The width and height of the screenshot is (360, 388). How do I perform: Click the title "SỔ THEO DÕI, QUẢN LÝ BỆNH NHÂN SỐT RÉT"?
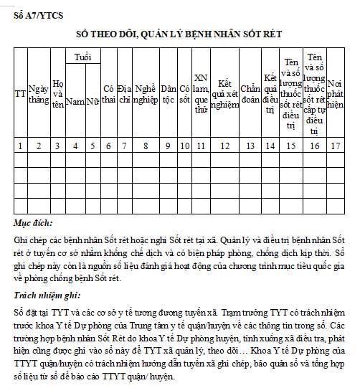pyautogui.click(x=179, y=34)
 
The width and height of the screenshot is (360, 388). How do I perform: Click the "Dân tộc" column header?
pyautogui.click(x=169, y=94)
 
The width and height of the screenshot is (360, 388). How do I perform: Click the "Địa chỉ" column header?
pyautogui.click(x=124, y=94)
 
